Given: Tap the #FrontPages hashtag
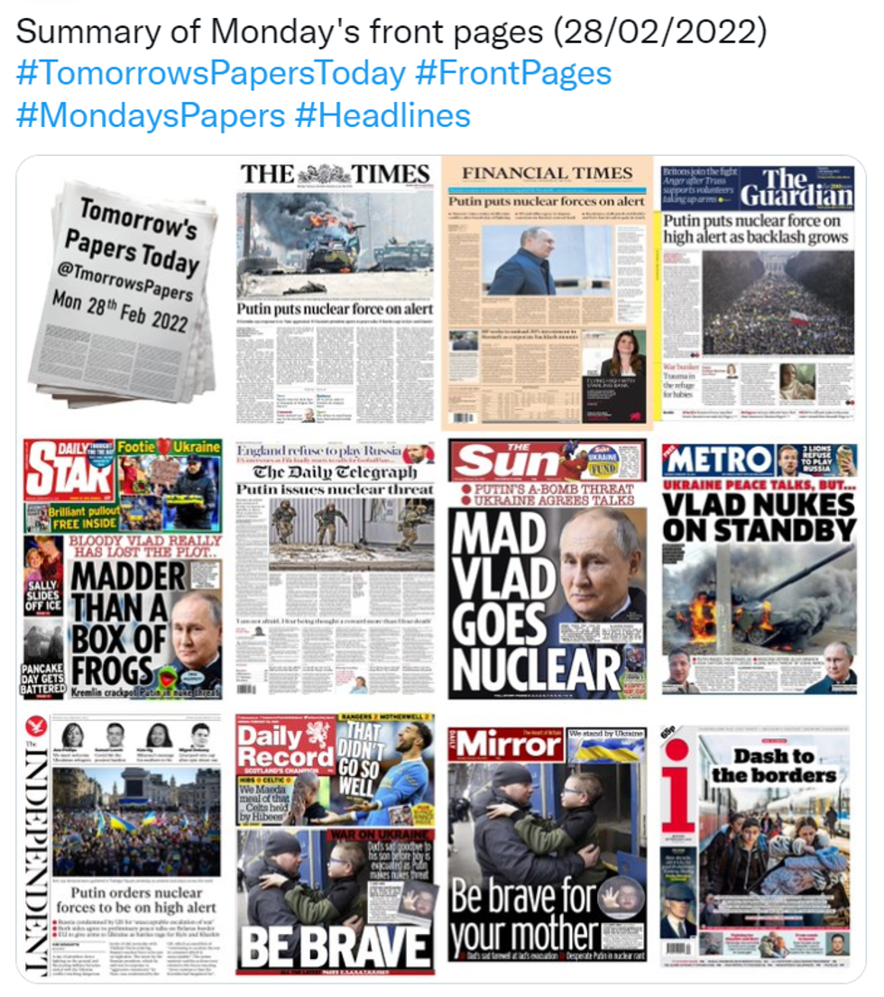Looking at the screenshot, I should [513, 74].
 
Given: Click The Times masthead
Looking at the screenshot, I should [335, 174].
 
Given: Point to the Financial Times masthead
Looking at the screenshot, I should [548, 173].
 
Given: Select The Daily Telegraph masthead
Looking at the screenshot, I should [335, 471].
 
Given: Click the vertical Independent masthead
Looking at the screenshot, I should [33, 856].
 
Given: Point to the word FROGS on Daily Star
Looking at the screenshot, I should [110, 671].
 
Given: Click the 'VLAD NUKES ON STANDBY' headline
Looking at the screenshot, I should [758, 516].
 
